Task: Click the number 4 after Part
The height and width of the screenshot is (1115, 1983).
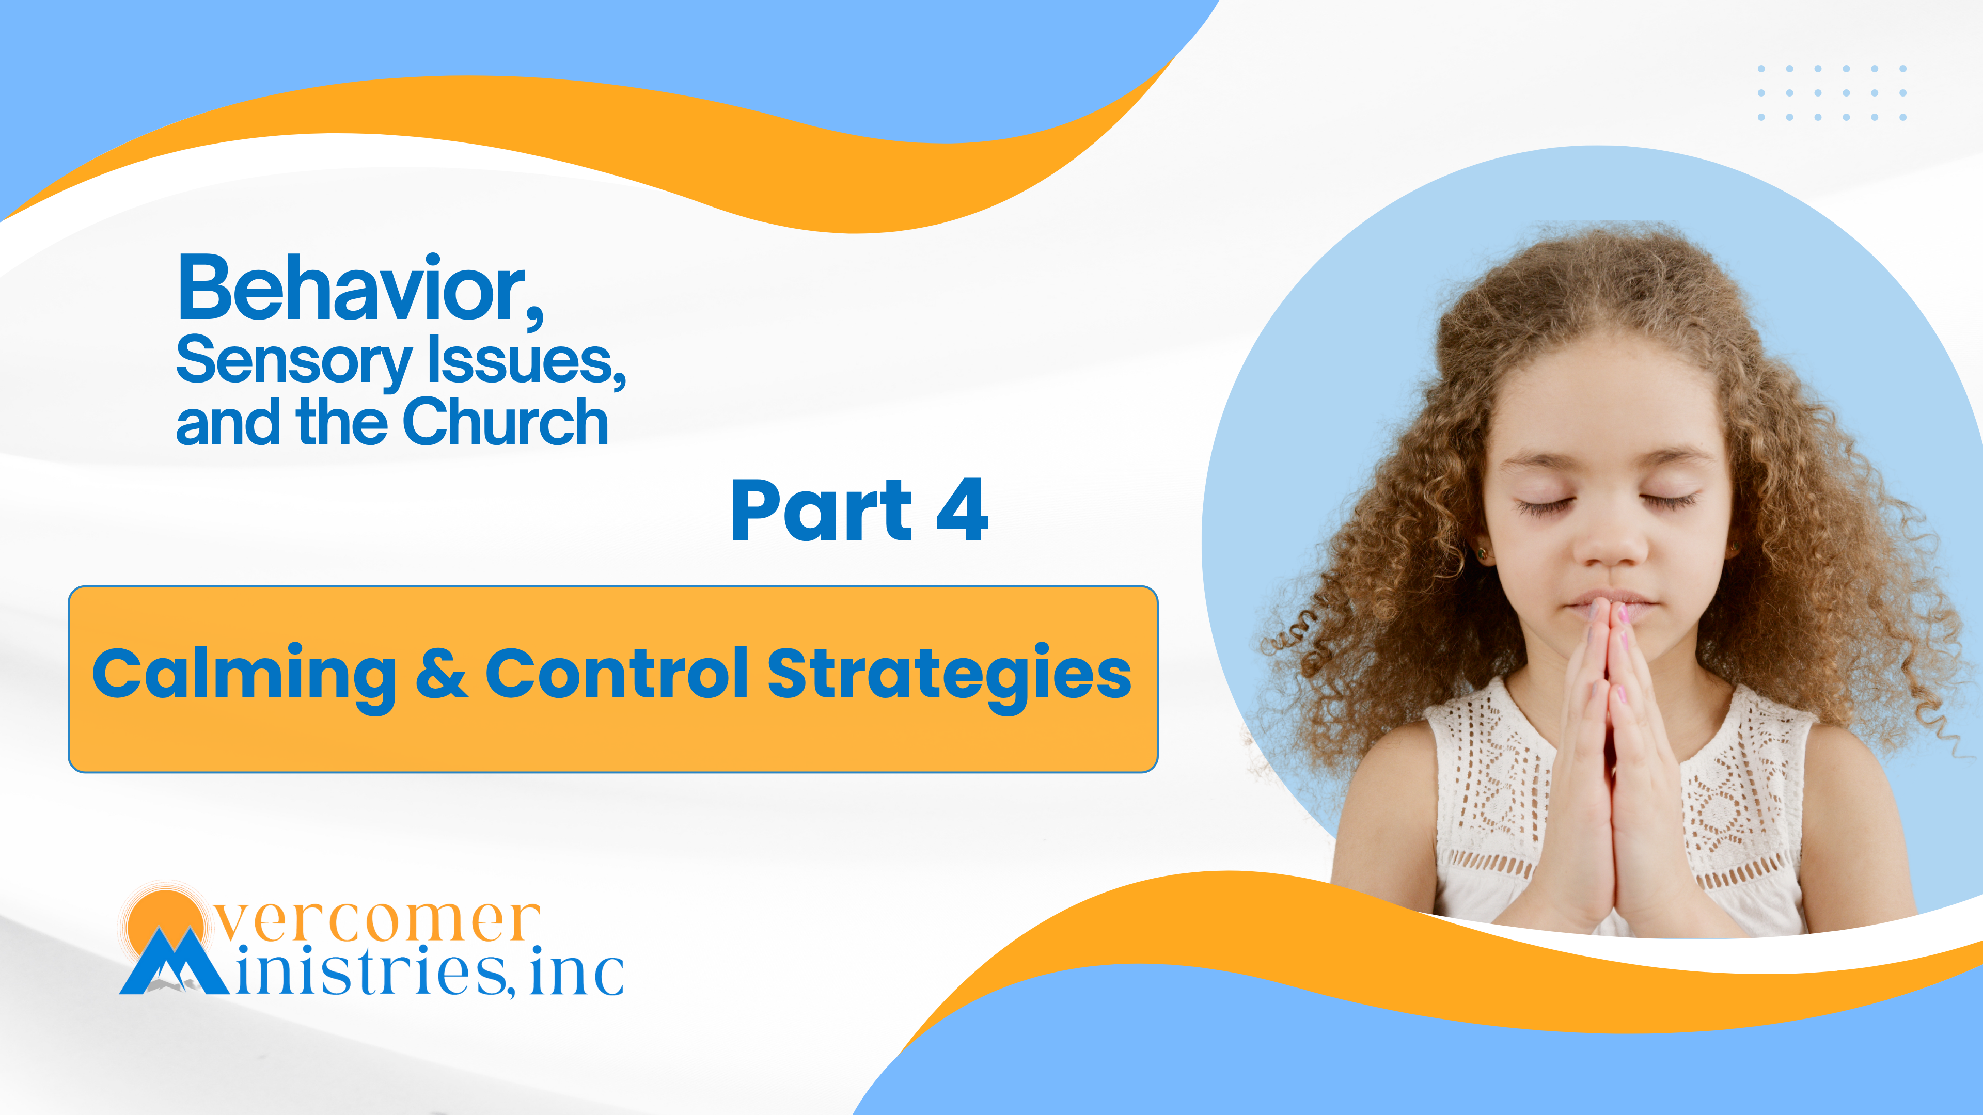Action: tap(962, 509)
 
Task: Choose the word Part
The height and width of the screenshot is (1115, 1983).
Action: tap(822, 509)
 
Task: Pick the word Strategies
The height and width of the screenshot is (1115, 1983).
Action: tap(949, 677)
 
